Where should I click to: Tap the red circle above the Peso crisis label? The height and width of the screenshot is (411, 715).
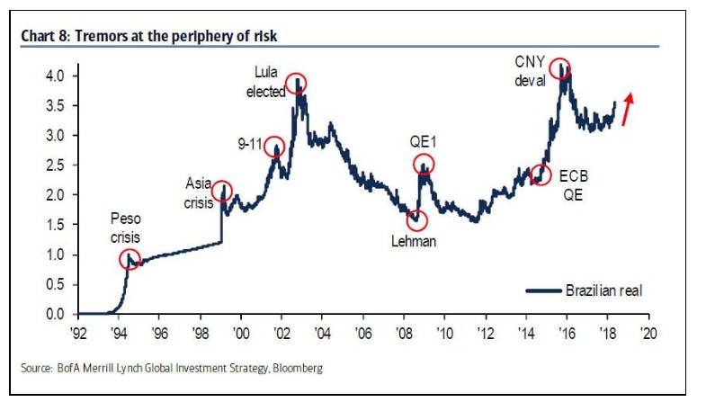[x=130, y=259]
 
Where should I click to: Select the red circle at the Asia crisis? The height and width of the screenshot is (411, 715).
[x=221, y=191]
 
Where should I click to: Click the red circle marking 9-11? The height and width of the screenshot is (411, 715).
[x=273, y=147]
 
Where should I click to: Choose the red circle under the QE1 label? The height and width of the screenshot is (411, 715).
[x=424, y=164]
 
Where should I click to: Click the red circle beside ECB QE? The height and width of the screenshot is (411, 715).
[x=541, y=174]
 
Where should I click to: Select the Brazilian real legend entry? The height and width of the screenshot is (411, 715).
[x=585, y=290]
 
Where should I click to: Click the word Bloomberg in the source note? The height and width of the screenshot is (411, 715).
[x=296, y=369]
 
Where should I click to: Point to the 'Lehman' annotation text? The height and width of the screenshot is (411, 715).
[x=414, y=241]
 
